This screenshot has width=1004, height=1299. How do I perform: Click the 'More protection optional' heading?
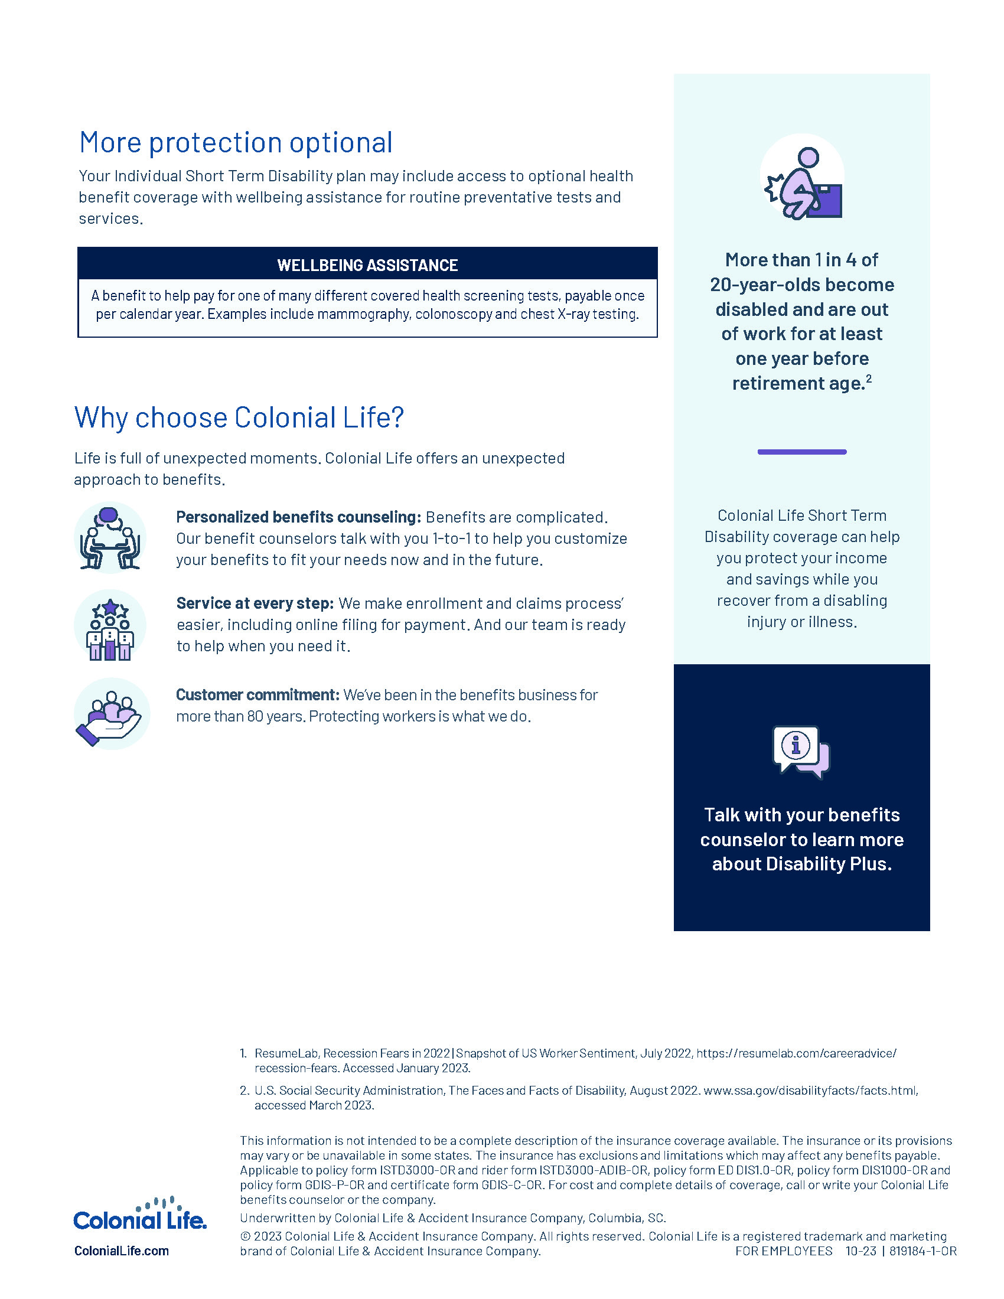(x=236, y=143)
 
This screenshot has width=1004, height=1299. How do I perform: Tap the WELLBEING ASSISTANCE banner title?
(x=367, y=265)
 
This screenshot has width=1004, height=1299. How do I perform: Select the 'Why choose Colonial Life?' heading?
(x=239, y=417)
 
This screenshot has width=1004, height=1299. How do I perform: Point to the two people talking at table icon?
(x=110, y=538)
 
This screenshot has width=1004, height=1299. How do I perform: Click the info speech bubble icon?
(x=801, y=751)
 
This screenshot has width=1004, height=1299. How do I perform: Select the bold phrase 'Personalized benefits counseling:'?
(x=299, y=517)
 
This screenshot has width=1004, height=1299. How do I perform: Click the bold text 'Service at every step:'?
(x=255, y=603)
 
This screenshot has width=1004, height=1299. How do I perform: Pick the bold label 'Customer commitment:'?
(x=257, y=695)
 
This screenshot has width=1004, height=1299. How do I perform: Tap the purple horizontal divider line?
(x=801, y=452)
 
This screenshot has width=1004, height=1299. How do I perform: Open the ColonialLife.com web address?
(x=121, y=1251)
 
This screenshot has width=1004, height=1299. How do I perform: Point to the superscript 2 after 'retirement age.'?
(x=869, y=378)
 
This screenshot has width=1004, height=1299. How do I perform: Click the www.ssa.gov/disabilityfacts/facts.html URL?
(x=810, y=1090)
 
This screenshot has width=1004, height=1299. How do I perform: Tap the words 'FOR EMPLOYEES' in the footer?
(x=783, y=1251)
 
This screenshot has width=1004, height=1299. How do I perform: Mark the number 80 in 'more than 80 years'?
(x=255, y=716)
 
